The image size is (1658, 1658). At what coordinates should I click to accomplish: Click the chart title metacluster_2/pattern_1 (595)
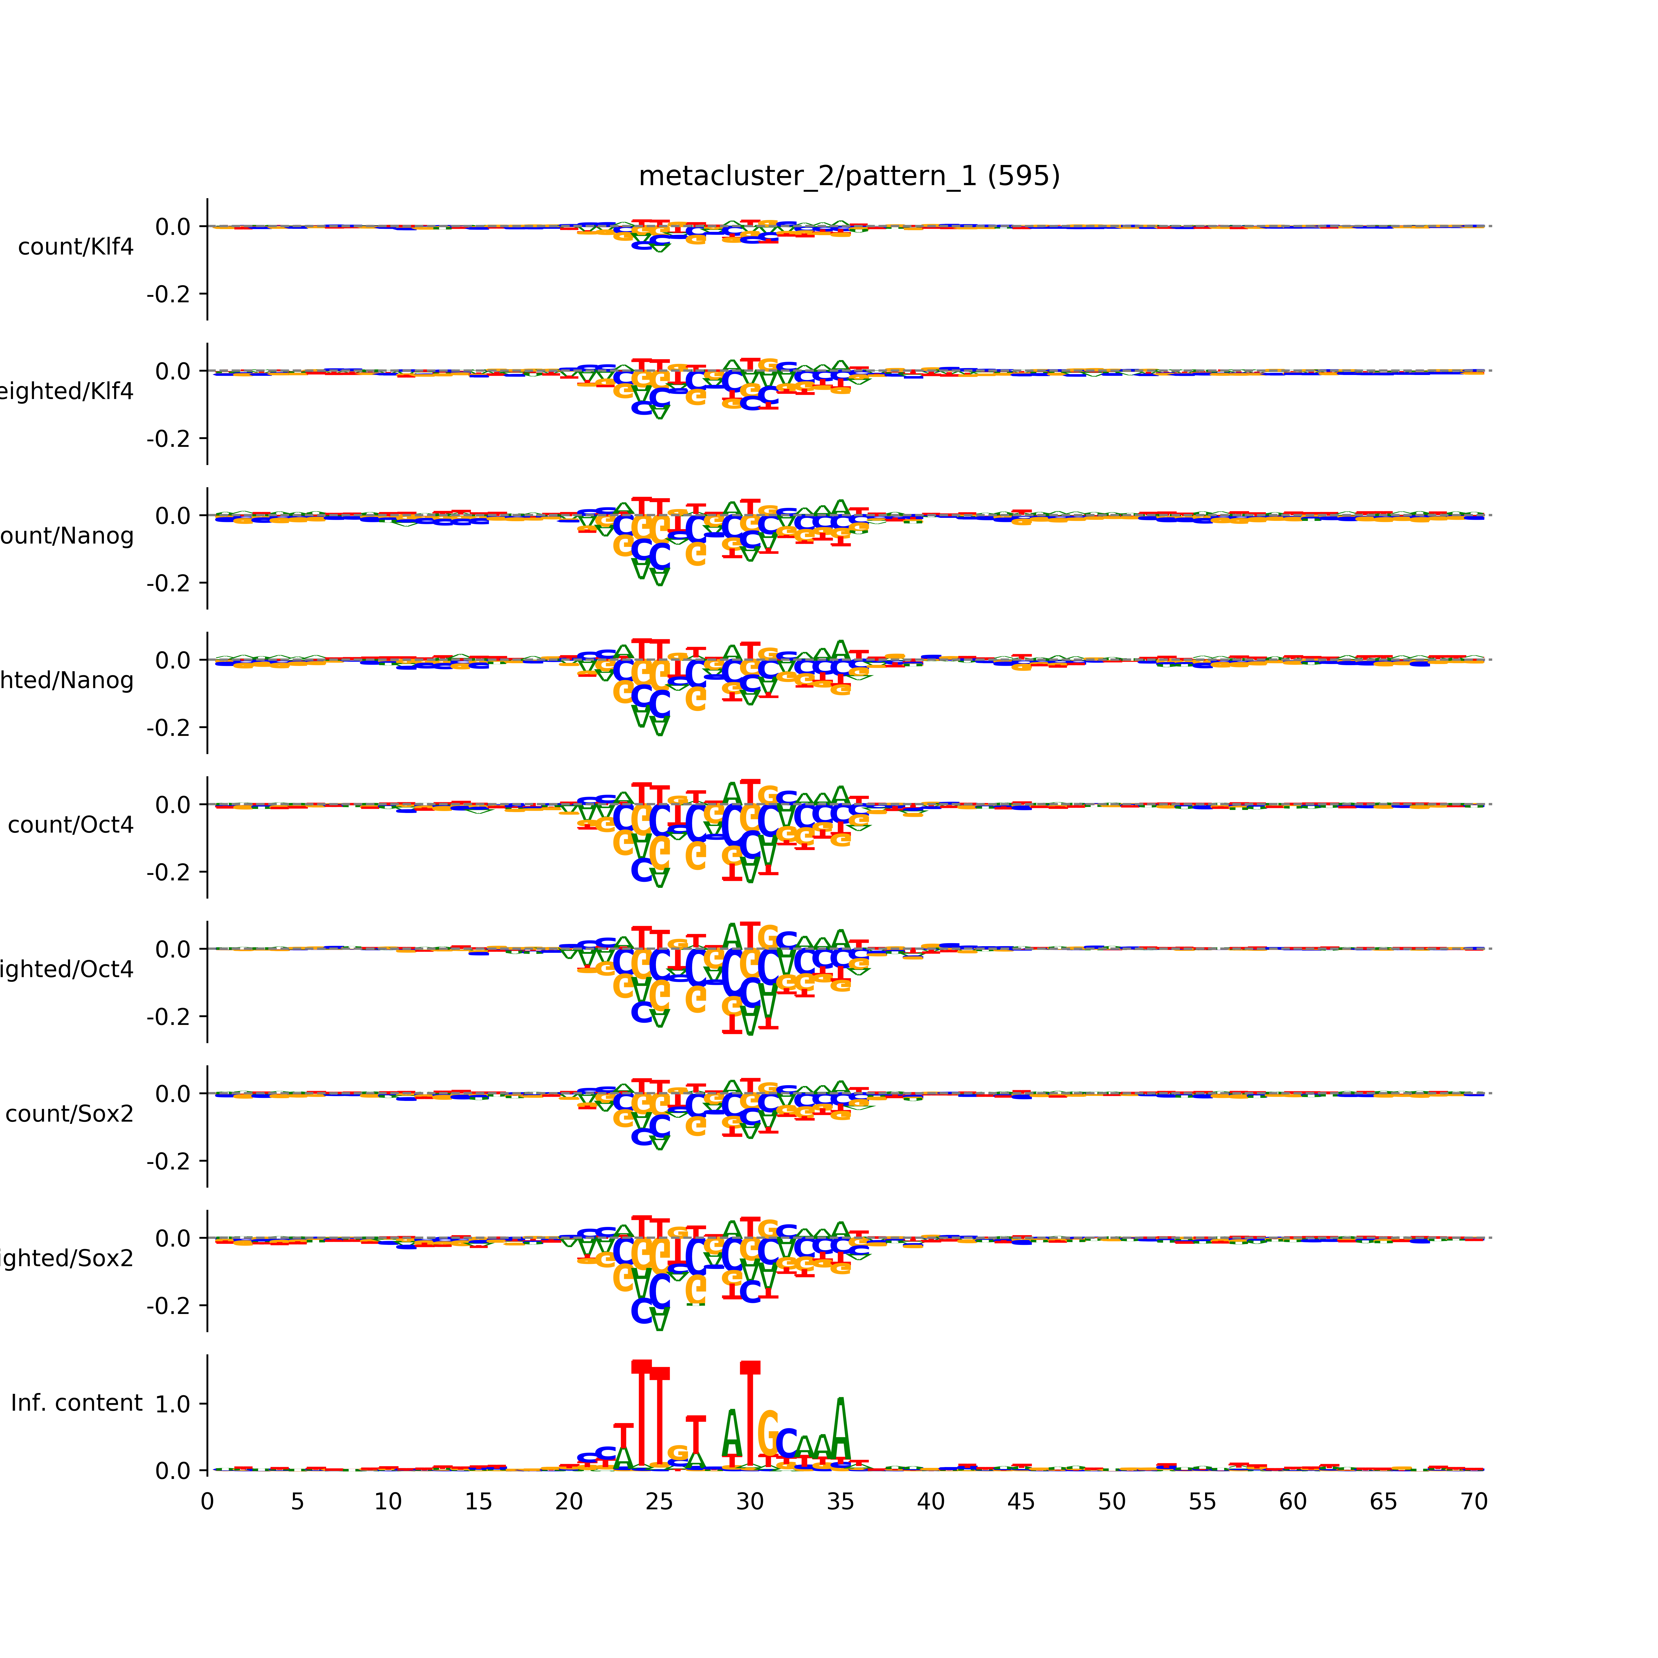point(849,176)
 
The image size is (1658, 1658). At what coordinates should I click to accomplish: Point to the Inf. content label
point(76,1403)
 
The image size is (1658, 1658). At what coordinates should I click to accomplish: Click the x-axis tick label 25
point(659,1502)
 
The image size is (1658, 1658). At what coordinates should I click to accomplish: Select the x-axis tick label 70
point(1473,1502)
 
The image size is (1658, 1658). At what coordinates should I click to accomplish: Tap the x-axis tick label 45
point(1021,1502)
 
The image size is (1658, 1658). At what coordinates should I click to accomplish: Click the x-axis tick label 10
point(388,1502)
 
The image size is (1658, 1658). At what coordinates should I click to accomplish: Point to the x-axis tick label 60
point(1292,1502)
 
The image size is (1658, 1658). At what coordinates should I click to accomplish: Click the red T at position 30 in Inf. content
point(750,1416)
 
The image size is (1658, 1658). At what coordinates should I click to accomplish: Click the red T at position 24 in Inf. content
point(641,1416)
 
